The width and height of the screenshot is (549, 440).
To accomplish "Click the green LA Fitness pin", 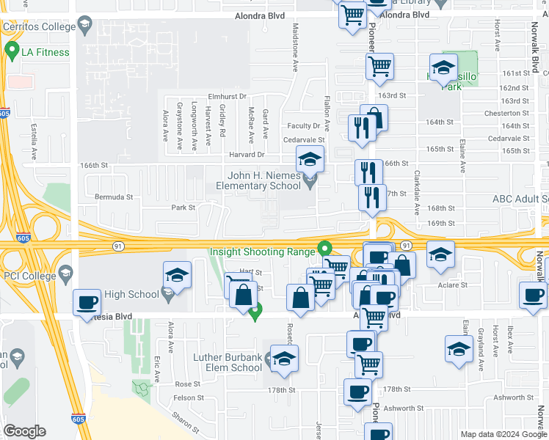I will pos(12,51).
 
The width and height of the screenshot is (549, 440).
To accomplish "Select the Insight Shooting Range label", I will pos(262,251).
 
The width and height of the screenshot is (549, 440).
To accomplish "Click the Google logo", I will pos(24,431).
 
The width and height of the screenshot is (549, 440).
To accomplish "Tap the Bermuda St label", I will pos(114,197).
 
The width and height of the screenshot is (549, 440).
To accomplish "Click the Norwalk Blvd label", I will pos(537,59).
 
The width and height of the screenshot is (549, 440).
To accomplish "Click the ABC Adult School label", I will pos(520,199).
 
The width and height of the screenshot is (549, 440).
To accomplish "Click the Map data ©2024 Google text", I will pos(503,434).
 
